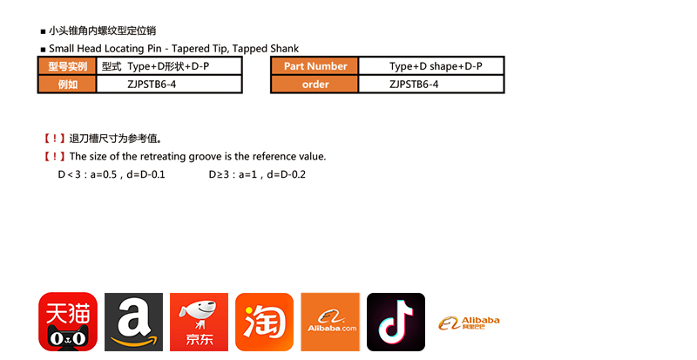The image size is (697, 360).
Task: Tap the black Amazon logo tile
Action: click(x=133, y=322)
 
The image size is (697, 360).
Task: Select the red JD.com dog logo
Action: click(x=199, y=322)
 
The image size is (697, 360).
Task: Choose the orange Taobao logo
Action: click(x=264, y=322)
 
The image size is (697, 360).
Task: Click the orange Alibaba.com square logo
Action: click(x=330, y=322)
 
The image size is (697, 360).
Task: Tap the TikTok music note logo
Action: click(x=396, y=322)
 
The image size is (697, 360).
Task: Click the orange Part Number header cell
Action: click(x=315, y=66)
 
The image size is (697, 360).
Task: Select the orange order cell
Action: click(x=315, y=85)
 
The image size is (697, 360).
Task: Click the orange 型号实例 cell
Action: click(x=66, y=66)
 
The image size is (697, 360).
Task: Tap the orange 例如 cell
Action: click(x=66, y=85)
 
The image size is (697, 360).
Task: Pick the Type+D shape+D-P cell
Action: click(x=435, y=66)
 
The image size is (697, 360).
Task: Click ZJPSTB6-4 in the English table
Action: click(x=414, y=85)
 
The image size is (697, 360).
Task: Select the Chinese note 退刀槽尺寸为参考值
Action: click(x=108, y=138)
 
